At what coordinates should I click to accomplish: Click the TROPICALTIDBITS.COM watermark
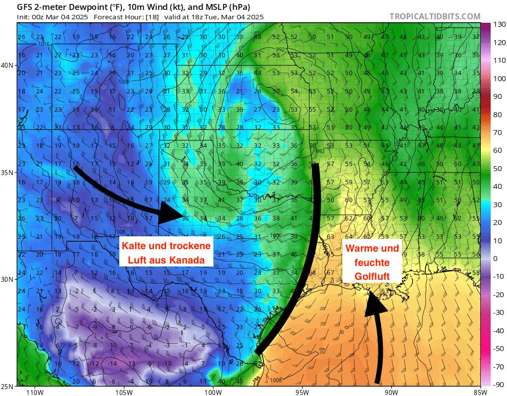point(435,16)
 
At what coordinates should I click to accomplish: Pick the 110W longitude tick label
point(34,392)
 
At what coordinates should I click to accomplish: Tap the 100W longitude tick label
point(213,392)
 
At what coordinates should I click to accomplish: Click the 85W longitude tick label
point(480,392)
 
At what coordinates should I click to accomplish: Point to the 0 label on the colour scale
point(495,259)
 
